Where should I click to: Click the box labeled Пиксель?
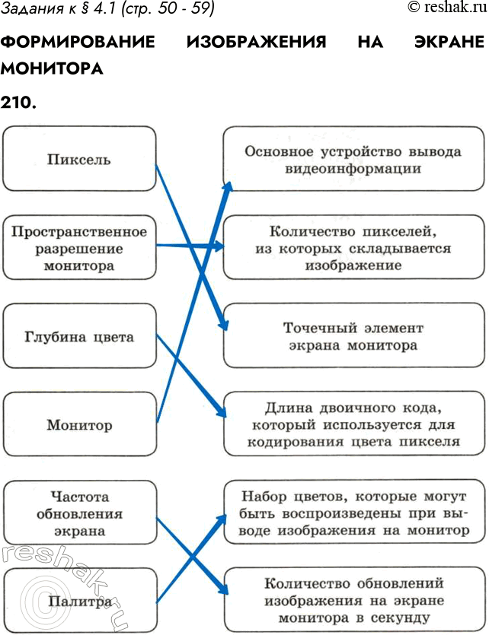click(x=79, y=159)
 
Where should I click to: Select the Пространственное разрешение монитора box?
click(x=79, y=248)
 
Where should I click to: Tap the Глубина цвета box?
click(x=79, y=336)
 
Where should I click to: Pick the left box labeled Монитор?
click(x=79, y=424)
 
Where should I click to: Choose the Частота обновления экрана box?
click(x=79, y=513)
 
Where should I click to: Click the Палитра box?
click(x=79, y=602)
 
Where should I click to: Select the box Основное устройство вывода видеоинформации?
click(x=353, y=159)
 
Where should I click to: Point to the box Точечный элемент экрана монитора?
click(x=353, y=336)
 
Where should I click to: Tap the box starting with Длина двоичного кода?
click(x=353, y=424)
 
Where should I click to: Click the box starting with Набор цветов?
click(x=353, y=513)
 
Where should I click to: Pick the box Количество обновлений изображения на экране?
click(x=353, y=602)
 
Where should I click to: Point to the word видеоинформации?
click(x=353, y=168)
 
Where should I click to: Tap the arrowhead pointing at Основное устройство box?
click(x=228, y=186)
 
